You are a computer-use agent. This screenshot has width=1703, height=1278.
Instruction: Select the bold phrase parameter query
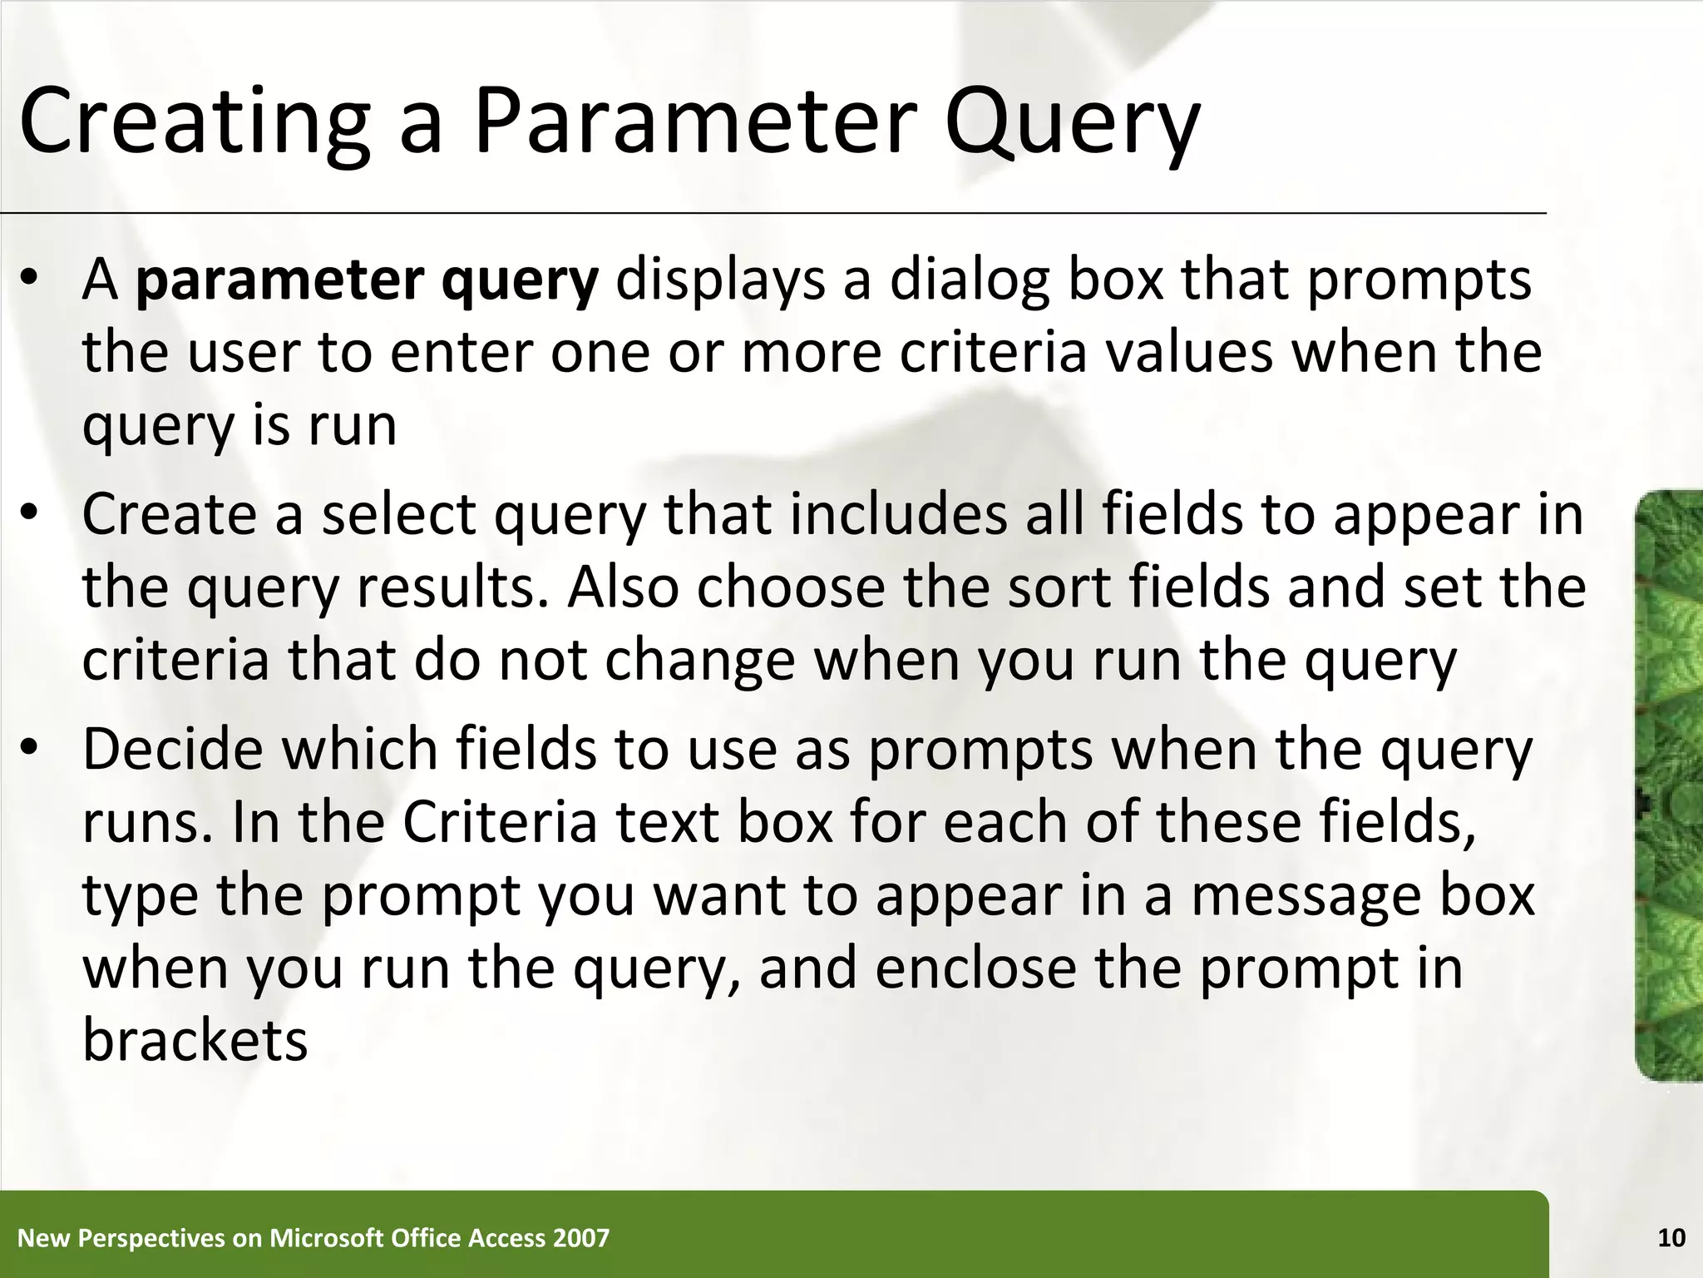click(367, 280)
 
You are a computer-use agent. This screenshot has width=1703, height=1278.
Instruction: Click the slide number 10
click(1671, 1238)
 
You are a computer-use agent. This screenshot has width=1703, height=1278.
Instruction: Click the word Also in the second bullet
click(623, 587)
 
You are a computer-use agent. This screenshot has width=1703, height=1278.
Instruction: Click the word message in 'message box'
click(1306, 895)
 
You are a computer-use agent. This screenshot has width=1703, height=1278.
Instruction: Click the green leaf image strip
click(1668, 785)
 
